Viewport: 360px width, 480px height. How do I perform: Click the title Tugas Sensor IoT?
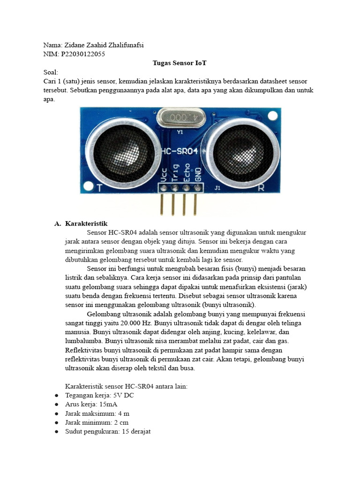pos(180,63)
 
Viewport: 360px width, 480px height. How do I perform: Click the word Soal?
pos(50,72)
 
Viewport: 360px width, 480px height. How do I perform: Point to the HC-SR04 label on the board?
pos(180,151)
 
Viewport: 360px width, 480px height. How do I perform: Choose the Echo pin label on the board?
pos(187,172)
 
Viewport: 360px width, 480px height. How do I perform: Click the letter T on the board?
pos(99,188)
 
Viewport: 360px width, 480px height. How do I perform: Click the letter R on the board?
pos(261,188)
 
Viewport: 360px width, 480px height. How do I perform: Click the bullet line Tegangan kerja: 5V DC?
pos(99,396)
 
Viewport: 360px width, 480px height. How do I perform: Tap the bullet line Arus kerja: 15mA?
pos(91,405)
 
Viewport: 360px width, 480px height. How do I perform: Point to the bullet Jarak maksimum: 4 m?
pos(97,413)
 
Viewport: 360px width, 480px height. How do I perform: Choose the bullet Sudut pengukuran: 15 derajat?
pos(107,431)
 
